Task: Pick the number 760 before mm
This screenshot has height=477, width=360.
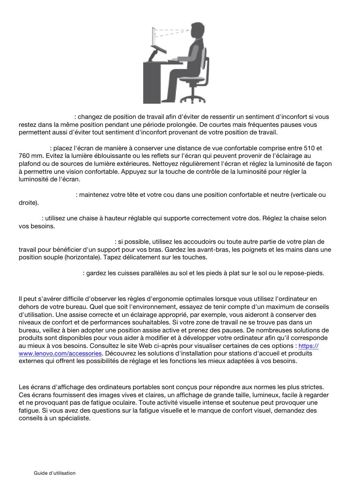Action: [25, 156]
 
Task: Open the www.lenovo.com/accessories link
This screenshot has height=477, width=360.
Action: [60, 353]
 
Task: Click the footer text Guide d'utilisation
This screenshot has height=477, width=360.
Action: [55, 473]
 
